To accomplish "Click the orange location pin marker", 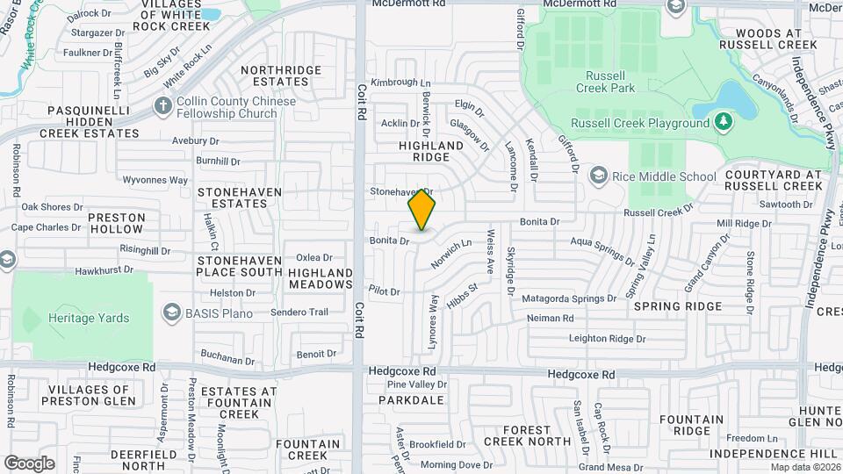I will tap(421, 209).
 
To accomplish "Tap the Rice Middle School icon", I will tap(599, 176).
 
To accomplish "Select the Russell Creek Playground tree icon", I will tap(723, 122).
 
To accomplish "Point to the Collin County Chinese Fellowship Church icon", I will tap(162, 106).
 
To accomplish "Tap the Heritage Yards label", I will tap(89, 319).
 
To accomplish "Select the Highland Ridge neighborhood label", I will tap(431, 151).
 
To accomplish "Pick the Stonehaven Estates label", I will tap(232, 197).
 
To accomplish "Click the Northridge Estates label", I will tap(274, 75).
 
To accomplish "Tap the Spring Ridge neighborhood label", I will tap(678, 306).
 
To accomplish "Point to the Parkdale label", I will tap(411, 399).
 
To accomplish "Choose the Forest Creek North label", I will tap(527, 435).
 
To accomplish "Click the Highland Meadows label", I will tap(320, 278).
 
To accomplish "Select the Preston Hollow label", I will tap(116, 223).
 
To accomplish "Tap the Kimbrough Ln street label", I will tap(394, 82).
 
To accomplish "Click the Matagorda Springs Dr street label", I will tap(575, 298).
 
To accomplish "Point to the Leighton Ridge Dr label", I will tap(607, 338).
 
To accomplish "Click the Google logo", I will tap(29, 463).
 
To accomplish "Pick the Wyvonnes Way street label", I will tap(155, 180).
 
